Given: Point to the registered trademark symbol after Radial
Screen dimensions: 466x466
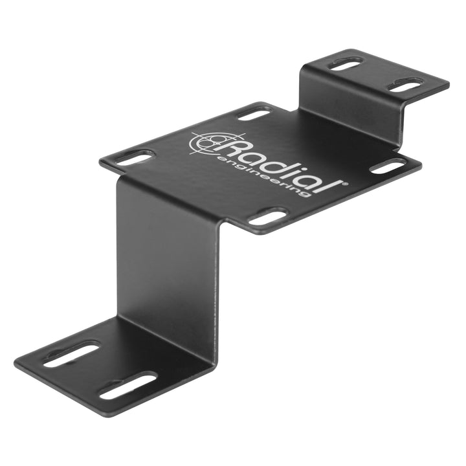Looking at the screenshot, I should (345, 184).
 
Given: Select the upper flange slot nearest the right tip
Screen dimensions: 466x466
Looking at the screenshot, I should (406, 85).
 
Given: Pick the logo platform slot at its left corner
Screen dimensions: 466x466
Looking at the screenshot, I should (135, 157).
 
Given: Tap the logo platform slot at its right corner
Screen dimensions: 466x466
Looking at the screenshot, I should (388, 166).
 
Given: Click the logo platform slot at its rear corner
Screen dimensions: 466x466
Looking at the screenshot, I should (254, 113).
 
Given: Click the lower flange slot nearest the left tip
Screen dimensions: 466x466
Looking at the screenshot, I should (71, 354).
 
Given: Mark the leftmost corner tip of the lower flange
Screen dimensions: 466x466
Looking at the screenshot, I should (16, 360).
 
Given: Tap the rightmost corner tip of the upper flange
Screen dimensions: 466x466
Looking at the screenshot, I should (448, 84).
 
